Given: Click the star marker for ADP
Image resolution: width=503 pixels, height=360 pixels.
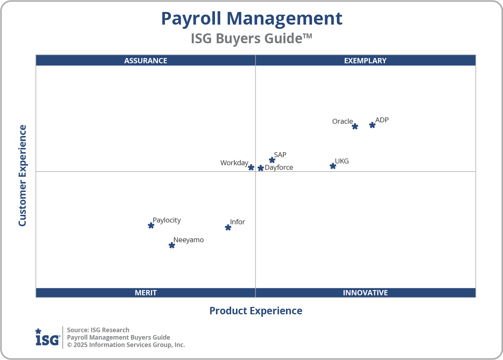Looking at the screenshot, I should pos(372,125).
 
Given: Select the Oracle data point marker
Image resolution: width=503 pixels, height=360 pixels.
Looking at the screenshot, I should pos(355,127).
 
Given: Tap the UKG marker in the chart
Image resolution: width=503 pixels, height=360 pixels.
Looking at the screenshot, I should pos(333,166).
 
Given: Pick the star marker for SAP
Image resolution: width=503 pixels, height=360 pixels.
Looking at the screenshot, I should pos(272,160).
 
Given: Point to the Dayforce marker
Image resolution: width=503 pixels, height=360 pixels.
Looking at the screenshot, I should pos(261,168).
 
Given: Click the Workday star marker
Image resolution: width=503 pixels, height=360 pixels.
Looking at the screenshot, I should pos(251,167).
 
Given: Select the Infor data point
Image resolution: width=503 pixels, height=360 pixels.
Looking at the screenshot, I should pos(228,227).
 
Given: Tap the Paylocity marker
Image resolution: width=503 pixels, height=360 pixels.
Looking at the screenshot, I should pos(151,225).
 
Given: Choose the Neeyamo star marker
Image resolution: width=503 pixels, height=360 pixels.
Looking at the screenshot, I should pos(172,245).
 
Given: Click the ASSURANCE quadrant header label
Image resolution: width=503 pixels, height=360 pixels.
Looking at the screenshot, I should pos(146,60).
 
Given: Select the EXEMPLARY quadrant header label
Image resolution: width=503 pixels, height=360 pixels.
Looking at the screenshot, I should pos(365,60).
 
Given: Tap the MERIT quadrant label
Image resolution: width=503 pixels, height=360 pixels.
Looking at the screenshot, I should pos(146,292).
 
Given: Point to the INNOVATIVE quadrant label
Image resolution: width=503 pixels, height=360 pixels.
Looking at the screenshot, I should pos(365,292).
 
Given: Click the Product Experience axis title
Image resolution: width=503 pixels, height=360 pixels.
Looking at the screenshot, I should pos(256,311).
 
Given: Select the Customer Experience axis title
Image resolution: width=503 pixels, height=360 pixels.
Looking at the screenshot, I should pos(23,176).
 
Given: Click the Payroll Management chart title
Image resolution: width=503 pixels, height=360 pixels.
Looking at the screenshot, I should pos(251,18).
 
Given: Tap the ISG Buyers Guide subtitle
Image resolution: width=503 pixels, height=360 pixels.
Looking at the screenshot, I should pos(251,38).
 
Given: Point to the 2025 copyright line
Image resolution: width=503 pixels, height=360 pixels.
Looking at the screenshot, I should pos(126,345).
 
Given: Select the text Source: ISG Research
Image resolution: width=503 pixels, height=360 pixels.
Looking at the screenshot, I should pos(98,330).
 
